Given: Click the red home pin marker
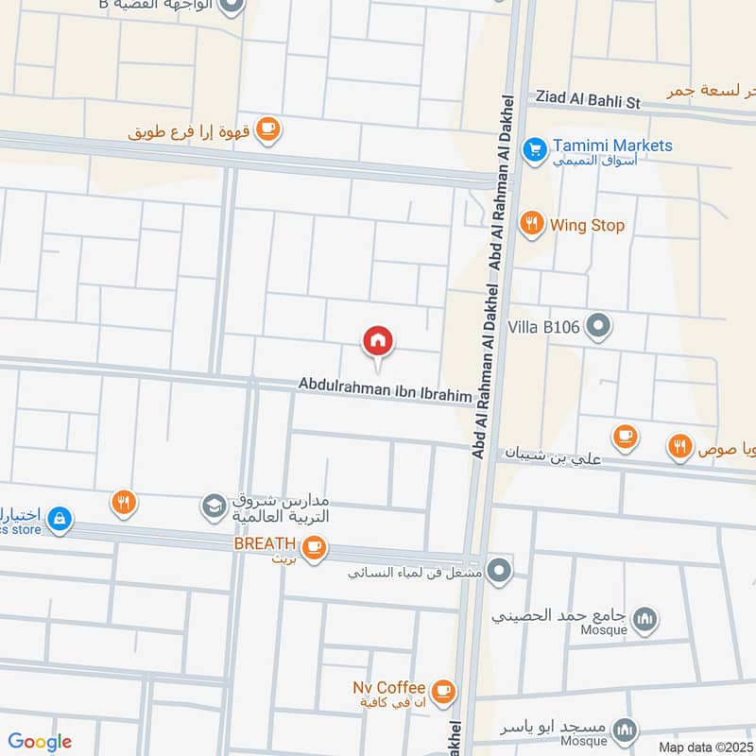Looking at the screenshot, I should tap(378, 341).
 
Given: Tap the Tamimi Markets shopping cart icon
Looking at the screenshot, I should tap(535, 149).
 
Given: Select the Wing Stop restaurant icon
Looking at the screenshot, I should tap(532, 224).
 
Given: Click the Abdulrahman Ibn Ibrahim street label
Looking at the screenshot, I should tap(385, 389).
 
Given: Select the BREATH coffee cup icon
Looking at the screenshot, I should tap(313, 546).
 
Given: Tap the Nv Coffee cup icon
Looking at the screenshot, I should tap(443, 692).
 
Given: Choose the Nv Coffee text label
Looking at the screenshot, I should tap(388, 687).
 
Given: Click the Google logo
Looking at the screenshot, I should tap(40, 742).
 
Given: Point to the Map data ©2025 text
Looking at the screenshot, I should tap(705, 747).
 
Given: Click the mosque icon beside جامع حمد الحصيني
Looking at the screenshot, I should tap(645, 619).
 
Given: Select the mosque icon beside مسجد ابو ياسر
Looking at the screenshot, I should tap(625, 730).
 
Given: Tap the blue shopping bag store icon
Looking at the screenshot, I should tap(59, 518).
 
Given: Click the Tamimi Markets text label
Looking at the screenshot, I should tap(613, 146).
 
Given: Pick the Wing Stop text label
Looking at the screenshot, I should tap(587, 226).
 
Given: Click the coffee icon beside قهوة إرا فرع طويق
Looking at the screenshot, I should tap(268, 129).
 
